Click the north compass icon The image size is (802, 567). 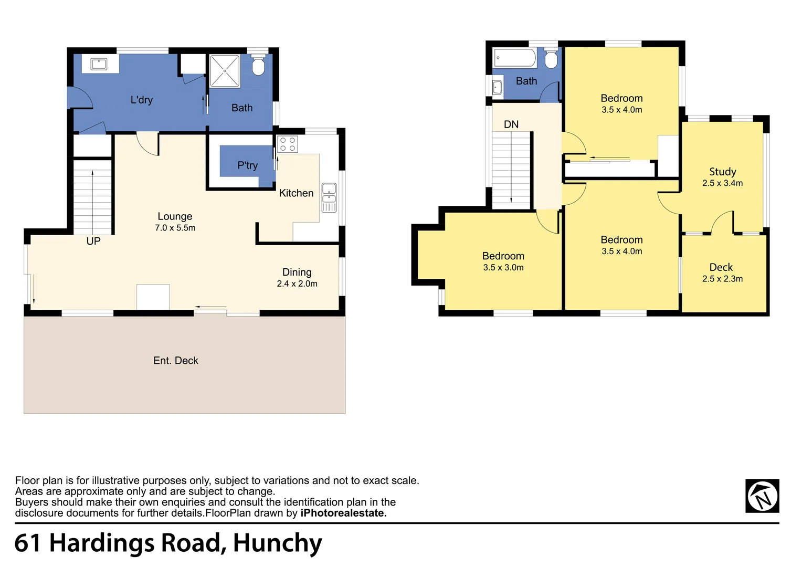762,496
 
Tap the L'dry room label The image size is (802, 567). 141,100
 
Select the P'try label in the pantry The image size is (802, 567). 247,165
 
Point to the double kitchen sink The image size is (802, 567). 329,198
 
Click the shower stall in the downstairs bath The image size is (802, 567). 225,71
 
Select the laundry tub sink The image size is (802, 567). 99,64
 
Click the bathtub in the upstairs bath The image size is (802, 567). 515,58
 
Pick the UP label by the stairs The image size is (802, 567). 93,241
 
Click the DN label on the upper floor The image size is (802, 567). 511,124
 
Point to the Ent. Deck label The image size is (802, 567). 175,360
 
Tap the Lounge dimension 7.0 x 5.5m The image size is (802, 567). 175,228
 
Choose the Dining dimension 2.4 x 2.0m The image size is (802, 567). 297,283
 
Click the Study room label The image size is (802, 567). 723,172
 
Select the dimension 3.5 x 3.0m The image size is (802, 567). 503,268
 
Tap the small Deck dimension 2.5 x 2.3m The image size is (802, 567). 722,279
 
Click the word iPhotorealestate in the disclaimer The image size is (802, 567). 343,513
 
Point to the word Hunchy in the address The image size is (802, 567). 278,544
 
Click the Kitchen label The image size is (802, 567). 296,193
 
